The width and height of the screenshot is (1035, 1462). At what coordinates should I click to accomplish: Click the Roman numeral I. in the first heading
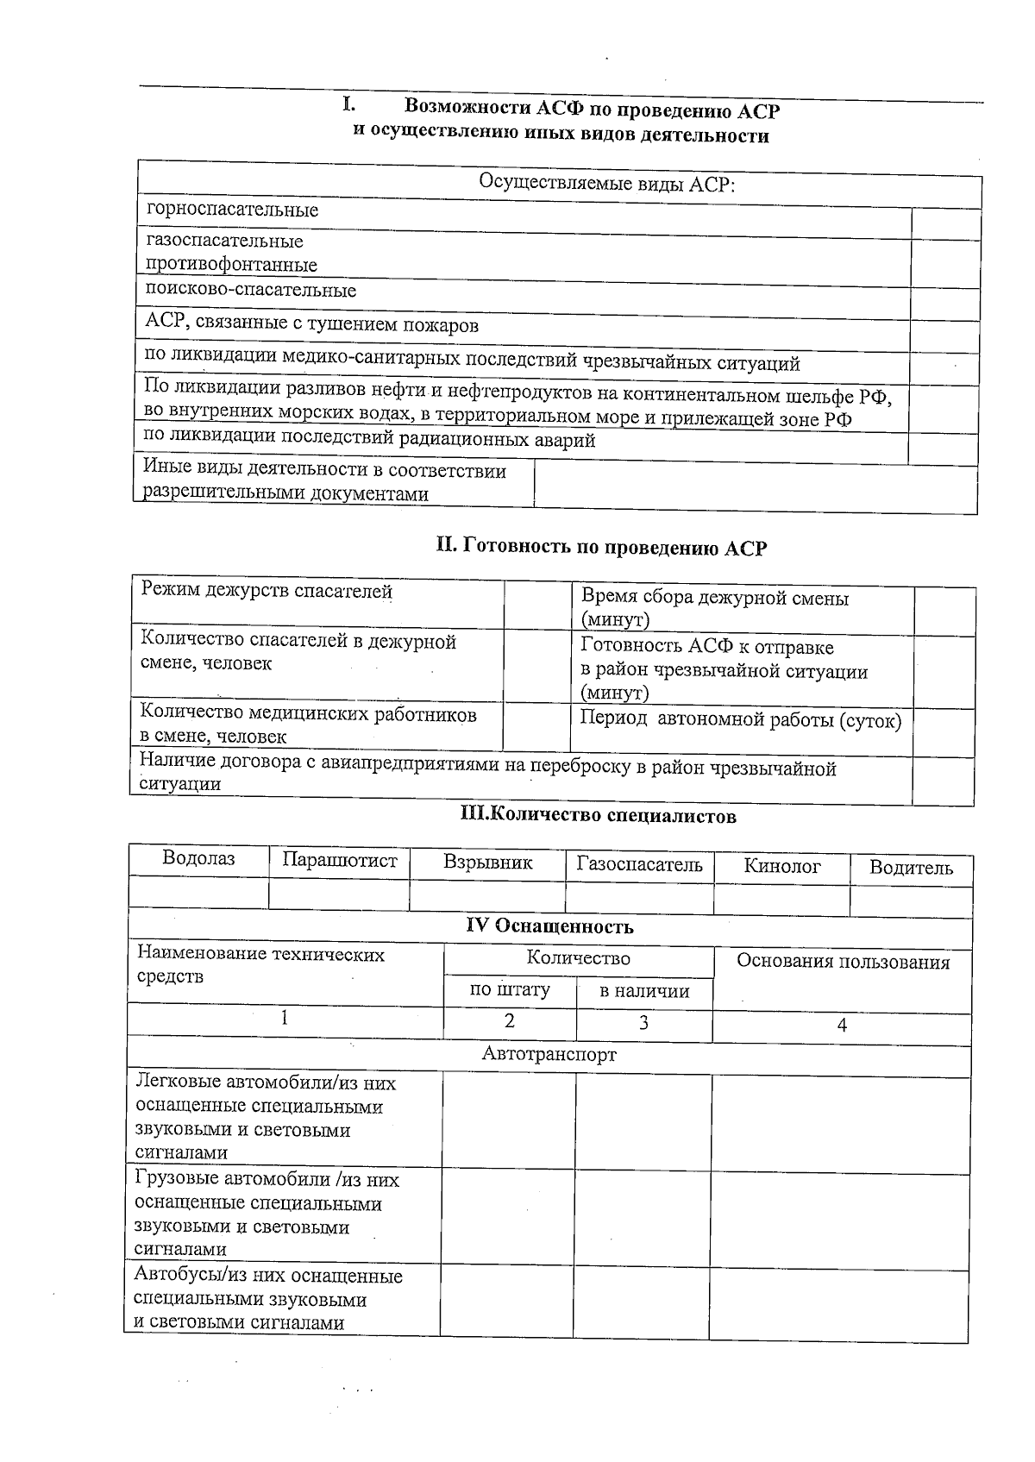(x=348, y=105)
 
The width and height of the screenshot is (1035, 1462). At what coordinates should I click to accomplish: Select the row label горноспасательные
(x=232, y=210)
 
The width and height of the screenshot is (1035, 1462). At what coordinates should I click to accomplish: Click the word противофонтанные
(x=231, y=265)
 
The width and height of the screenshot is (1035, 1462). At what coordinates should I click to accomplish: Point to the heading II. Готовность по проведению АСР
(x=600, y=547)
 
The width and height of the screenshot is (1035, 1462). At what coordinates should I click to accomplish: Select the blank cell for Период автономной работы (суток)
(x=944, y=732)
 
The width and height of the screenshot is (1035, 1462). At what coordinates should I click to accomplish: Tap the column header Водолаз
(x=198, y=859)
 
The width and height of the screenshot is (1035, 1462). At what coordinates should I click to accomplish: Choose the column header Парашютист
(x=340, y=861)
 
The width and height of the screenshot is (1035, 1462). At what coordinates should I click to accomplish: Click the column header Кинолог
(x=781, y=866)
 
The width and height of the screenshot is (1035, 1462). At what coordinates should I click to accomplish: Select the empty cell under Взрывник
(x=487, y=895)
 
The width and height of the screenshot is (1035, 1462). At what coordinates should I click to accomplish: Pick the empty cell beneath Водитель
(x=911, y=901)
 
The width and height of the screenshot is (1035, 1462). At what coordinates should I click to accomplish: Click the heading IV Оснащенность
(x=549, y=926)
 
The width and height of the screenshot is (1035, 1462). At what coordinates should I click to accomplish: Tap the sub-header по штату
(x=509, y=989)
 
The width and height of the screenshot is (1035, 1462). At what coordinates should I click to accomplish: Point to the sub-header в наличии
(x=644, y=991)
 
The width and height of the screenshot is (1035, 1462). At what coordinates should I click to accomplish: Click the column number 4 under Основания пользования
(x=842, y=1025)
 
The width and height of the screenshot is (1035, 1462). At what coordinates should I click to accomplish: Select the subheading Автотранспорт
(x=549, y=1054)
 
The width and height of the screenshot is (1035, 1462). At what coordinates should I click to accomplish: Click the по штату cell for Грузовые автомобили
(x=508, y=1216)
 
